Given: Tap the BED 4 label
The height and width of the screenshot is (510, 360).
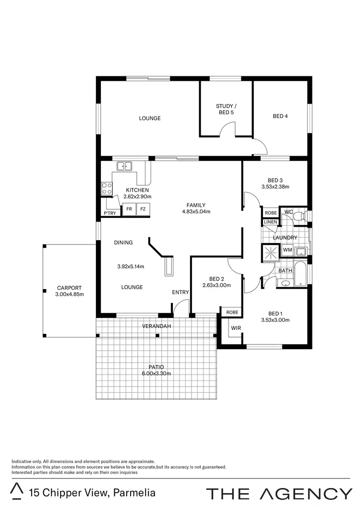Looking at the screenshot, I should pos(280,116).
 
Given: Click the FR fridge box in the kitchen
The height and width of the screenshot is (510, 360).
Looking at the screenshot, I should pos(129,209).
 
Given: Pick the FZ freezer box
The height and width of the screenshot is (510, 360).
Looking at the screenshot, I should pos(143,209).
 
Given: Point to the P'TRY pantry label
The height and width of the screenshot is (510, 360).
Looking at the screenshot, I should pos(109,213).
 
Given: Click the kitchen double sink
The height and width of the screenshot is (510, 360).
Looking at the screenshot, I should pos(123,167).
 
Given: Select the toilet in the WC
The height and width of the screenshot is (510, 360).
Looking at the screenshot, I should pos(300,217).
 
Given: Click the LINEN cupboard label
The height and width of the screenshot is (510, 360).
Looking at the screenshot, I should pos(270,222).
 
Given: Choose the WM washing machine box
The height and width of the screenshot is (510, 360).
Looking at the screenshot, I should pos(287,250).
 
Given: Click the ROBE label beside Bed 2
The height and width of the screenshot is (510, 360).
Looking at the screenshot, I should pos(232,312).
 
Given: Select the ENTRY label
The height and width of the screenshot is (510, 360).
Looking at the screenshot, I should pos(180,292).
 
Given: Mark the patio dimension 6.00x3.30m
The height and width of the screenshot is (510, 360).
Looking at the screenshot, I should pos(156,374).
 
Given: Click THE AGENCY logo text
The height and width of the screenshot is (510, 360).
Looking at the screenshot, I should pos(279,493).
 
